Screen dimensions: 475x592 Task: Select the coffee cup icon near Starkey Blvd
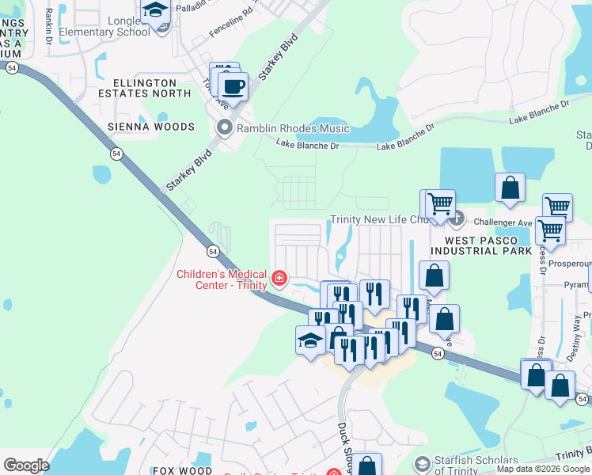(233, 86)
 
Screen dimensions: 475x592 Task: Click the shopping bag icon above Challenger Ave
(510, 188)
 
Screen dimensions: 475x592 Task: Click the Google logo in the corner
(26, 465)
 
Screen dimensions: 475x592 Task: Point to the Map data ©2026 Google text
(543, 469)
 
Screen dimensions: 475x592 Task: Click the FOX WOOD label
(182, 470)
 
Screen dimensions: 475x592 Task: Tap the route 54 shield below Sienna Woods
(116, 155)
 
